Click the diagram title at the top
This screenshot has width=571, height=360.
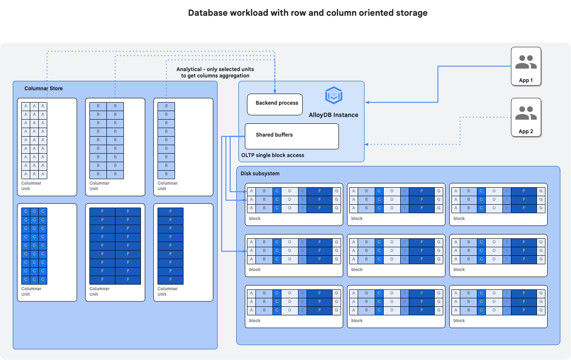pyautogui.click(x=307, y=13)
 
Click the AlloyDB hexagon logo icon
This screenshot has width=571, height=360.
pyautogui.click(x=333, y=95)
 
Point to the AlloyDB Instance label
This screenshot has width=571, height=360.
pyautogui.click(x=333, y=115)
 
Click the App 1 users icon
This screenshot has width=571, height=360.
pyautogui.click(x=526, y=62)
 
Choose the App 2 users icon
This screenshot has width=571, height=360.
pyautogui.click(x=526, y=113)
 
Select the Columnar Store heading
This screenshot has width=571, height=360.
pyautogui.click(x=43, y=89)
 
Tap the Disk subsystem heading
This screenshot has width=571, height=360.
pyautogui.click(x=260, y=174)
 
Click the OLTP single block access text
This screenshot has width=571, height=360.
pyautogui.click(x=273, y=155)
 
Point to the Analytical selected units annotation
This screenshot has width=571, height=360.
pyautogui.click(x=215, y=72)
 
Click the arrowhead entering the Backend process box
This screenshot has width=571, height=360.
pyautogui.click(x=275, y=91)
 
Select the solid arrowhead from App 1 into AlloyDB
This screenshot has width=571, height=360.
pyautogui.click(x=367, y=102)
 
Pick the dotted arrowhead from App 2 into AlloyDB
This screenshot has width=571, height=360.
pyautogui.click(x=367, y=145)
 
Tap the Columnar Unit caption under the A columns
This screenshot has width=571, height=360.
pyautogui.click(x=31, y=186)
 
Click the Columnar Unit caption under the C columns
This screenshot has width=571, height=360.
pyautogui.click(x=31, y=291)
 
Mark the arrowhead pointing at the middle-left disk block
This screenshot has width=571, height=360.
pyautogui.click(x=244, y=251)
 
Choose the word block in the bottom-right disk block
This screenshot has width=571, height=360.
pyautogui.click(x=459, y=320)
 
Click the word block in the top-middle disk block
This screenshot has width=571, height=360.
pyautogui.click(x=357, y=218)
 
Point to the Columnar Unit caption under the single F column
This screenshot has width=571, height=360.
pyautogui.click(x=167, y=291)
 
